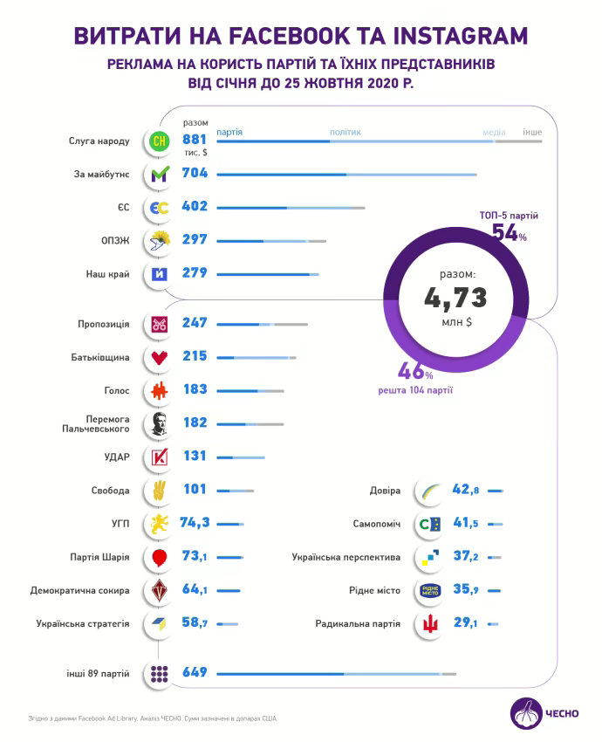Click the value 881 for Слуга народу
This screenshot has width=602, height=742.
point(195,140)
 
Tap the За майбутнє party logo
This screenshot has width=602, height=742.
point(160,175)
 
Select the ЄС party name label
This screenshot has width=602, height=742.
point(124,208)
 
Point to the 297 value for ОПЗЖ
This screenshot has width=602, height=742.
point(195,240)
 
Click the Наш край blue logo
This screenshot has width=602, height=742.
point(160,273)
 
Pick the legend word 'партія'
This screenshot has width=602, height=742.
point(229,133)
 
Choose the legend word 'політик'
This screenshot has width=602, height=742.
point(345,133)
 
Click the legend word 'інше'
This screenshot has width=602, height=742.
point(531,133)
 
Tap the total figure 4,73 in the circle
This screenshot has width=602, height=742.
point(455,298)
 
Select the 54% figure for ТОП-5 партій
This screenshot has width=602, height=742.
point(509,232)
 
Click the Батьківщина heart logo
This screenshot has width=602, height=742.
point(160,357)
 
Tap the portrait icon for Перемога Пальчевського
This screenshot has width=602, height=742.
point(160,424)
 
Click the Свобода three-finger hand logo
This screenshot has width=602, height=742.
point(160,490)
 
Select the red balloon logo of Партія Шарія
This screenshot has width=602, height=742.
point(160,557)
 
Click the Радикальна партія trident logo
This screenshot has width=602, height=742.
point(430,623)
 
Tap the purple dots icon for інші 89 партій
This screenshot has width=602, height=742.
point(160,673)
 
